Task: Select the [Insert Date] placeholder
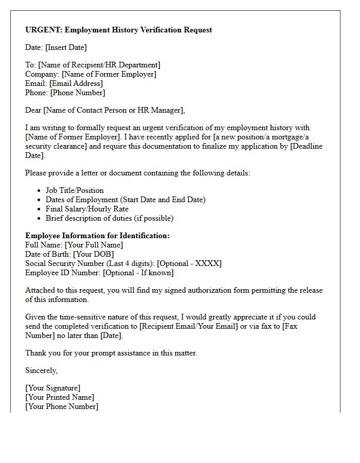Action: (x=66, y=47)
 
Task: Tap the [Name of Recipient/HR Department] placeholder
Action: (x=99, y=65)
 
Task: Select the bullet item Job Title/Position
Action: (x=75, y=190)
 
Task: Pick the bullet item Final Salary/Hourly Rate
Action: (x=87, y=209)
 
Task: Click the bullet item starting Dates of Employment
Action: (x=125, y=200)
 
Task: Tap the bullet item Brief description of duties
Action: (x=109, y=218)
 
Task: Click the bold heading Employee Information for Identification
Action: (x=97, y=236)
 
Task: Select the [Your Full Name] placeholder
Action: (x=94, y=245)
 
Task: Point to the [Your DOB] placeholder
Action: (x=93, y=254)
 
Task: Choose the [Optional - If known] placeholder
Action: (x=138, y=273)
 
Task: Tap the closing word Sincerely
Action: (x=41, y=370)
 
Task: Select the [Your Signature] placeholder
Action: (x=53, y=388)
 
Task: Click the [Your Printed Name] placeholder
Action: (x=60, y=397)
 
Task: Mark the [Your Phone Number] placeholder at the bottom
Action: (x=62, y=406)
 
